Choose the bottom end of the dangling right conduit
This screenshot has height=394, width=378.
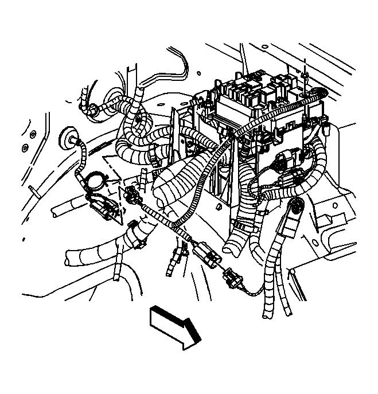268,313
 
